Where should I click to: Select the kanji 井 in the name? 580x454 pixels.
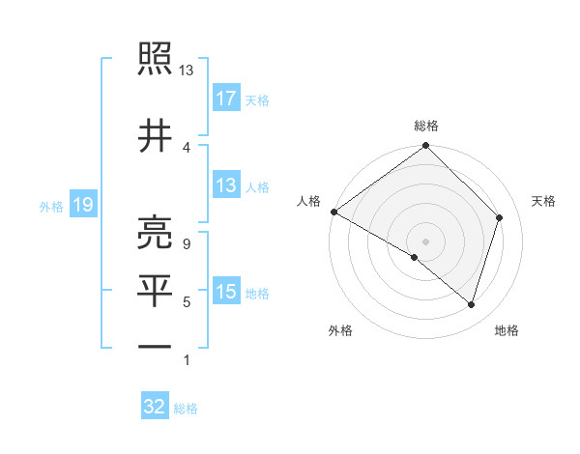(x=156, y=134)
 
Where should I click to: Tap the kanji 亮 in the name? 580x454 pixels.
(x=156, y=231)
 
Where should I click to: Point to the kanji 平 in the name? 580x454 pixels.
(x=156, y=289)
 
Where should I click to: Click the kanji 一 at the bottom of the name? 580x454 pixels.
(x=156, y=345)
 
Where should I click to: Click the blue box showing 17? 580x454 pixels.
(x=226, y=99)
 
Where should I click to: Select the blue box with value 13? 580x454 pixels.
(x=226, y=185)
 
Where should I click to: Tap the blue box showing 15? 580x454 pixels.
(x=226, y=292)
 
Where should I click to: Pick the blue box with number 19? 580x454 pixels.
(x=82, y=204)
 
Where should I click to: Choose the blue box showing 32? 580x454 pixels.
(x=155, y=407)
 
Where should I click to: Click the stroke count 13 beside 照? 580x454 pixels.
(x=187, y=71)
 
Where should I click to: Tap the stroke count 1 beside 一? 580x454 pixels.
(x=186, y=360)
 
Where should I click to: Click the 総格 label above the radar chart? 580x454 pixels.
(x=426, y=126)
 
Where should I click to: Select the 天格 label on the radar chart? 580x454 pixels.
(x=544, y=201)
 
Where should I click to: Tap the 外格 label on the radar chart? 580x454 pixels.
(x=340, y=330)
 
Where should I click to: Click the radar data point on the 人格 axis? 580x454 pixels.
(x=333, y=212)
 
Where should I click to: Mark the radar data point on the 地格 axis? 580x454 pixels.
(x=472, y=304)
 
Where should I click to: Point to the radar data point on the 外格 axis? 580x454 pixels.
(x=415, y=257)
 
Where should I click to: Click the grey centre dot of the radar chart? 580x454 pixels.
(x=425, y=241)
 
